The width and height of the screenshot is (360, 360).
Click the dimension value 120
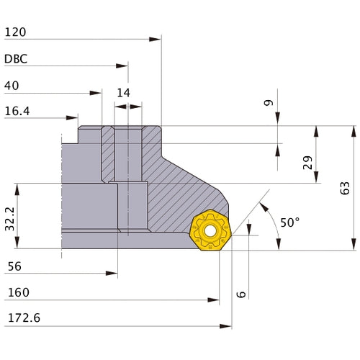point(16,32)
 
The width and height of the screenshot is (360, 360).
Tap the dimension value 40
point(12,86)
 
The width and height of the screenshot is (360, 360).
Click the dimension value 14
point(123,93)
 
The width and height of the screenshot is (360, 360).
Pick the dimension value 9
point(269,103)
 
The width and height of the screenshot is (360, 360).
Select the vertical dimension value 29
point(307,163)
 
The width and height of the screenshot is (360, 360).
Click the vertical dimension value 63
point(346,188)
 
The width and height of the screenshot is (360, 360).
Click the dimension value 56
point(13,266)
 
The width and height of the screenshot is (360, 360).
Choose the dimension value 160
point(17,293)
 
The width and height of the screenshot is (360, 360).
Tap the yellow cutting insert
point(210,231)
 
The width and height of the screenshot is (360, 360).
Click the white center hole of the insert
point(210,232)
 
